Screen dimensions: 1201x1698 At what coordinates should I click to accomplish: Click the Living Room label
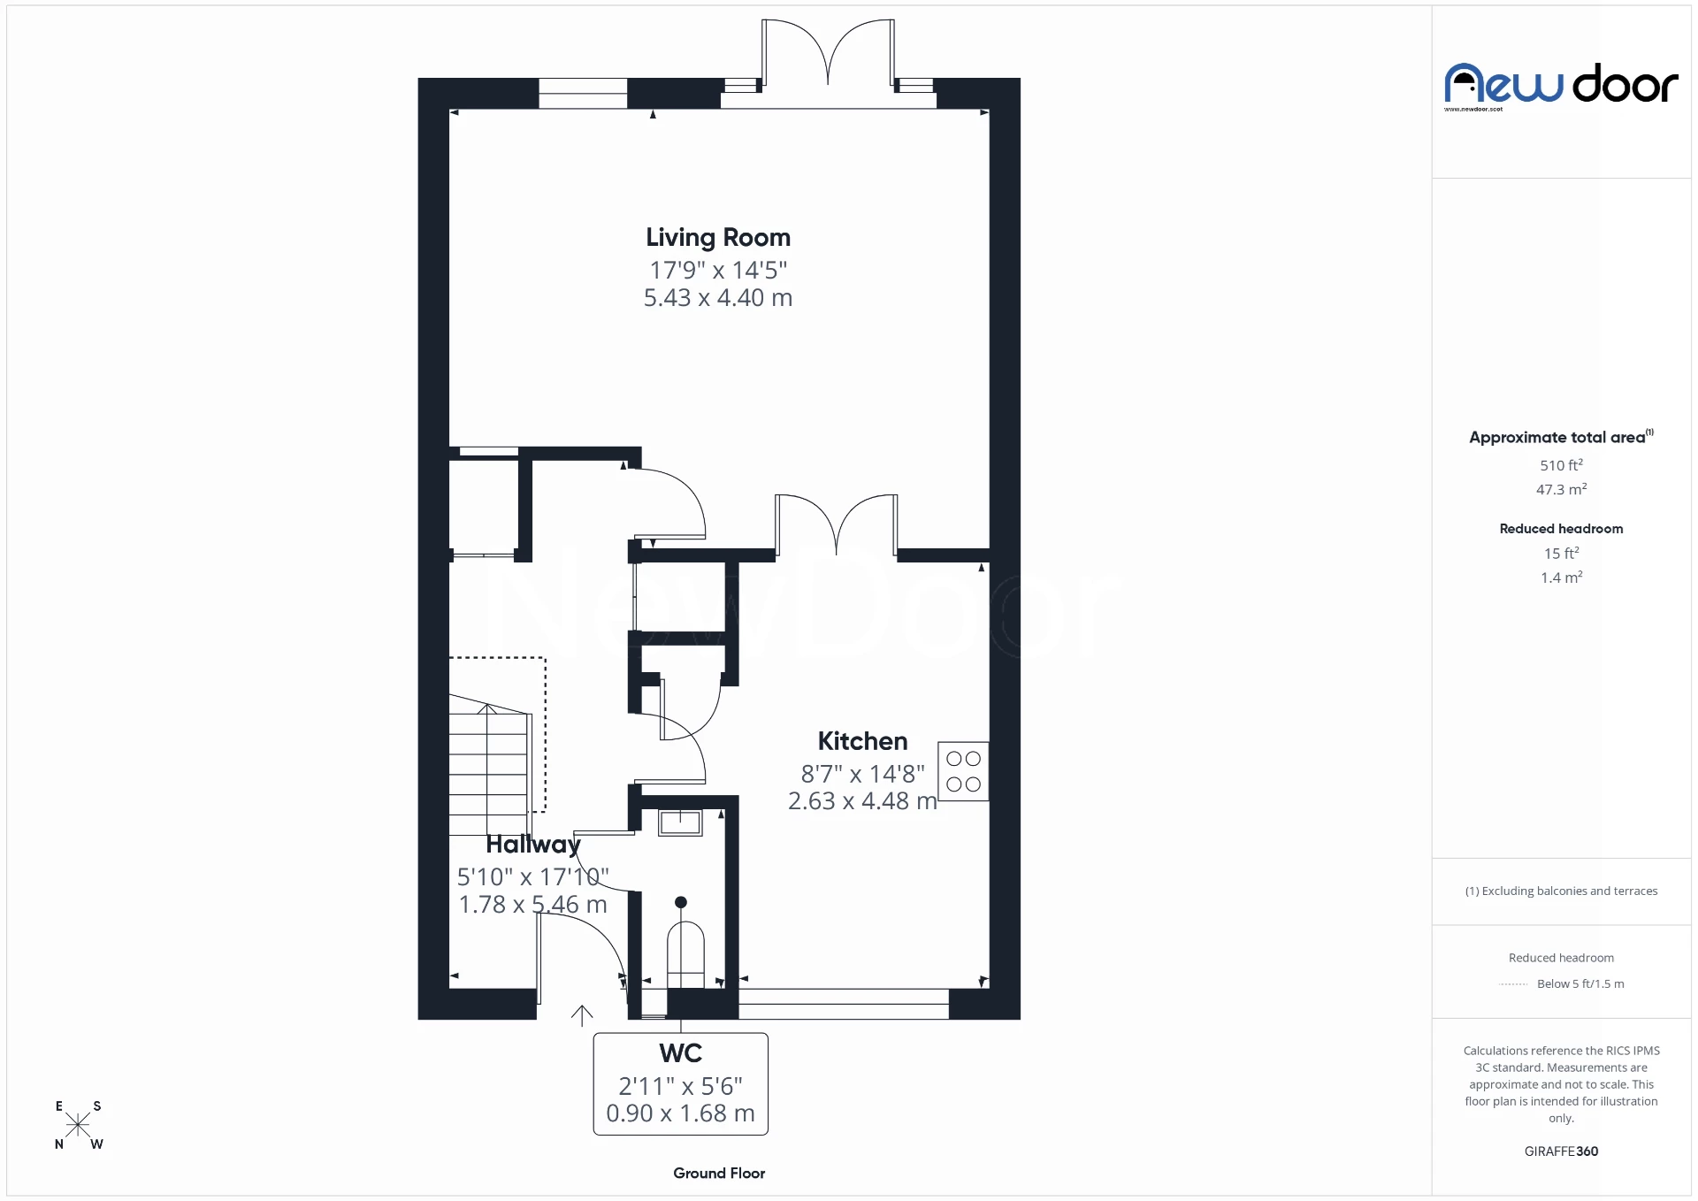(x=717, y=237)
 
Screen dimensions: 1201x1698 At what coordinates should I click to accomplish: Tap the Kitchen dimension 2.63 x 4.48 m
(x=861, y=801)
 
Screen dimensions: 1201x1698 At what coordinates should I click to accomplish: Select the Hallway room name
(x=532, y=845)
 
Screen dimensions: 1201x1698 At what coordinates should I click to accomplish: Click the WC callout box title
(x=680, y=1053)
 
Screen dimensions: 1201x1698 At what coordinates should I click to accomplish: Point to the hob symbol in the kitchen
(x=963, y=771)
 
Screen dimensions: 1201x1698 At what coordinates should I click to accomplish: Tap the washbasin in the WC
(x=680, y=822)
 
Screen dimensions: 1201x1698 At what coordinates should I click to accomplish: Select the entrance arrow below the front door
(x=582, y=1015)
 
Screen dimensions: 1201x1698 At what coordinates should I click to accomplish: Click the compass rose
(x=78, y=1125)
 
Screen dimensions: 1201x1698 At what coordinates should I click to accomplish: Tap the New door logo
(x=1561, y=86)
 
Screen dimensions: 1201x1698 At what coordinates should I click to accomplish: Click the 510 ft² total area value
(x=1561, y=465)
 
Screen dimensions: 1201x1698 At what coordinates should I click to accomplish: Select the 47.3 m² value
(x=1561, y=489)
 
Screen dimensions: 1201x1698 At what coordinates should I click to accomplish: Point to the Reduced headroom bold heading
(x=1561, y=529)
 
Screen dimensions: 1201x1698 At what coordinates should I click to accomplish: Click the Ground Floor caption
(x=718, y=1173)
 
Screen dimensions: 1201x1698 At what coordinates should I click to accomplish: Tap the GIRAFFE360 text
(x=1561, y=1151)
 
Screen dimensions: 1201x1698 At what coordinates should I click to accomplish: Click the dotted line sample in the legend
(x=1513, y=984)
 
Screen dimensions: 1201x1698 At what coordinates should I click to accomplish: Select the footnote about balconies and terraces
(x=1561, y=891)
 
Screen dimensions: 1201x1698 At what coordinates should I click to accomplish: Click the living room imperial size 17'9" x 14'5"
(x=717, y=270)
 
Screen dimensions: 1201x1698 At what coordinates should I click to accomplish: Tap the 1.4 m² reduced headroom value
(x=1561, y=578)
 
